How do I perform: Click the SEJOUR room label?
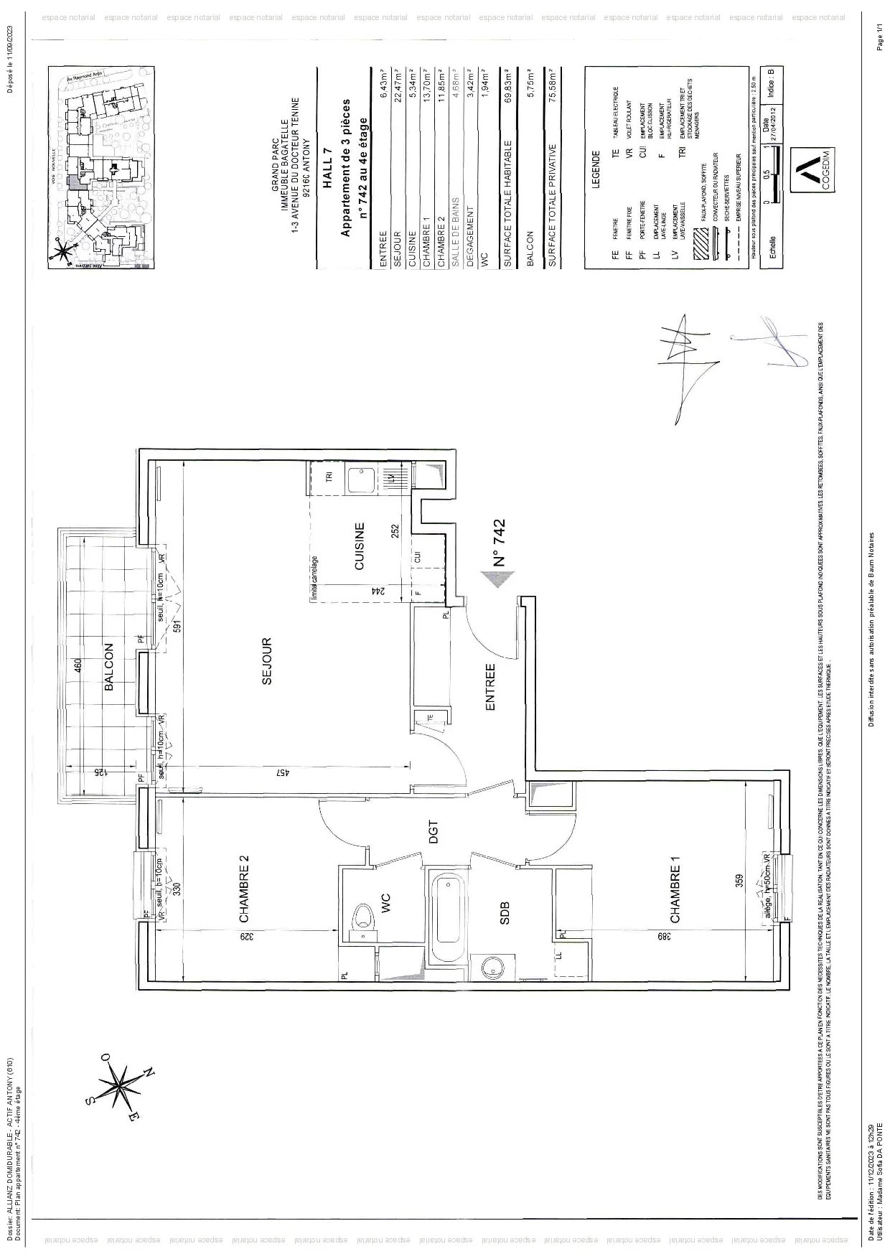[266, 661]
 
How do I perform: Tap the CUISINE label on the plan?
[360, 546]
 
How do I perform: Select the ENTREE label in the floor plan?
[491, 687]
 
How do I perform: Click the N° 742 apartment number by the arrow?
[500, 543]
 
